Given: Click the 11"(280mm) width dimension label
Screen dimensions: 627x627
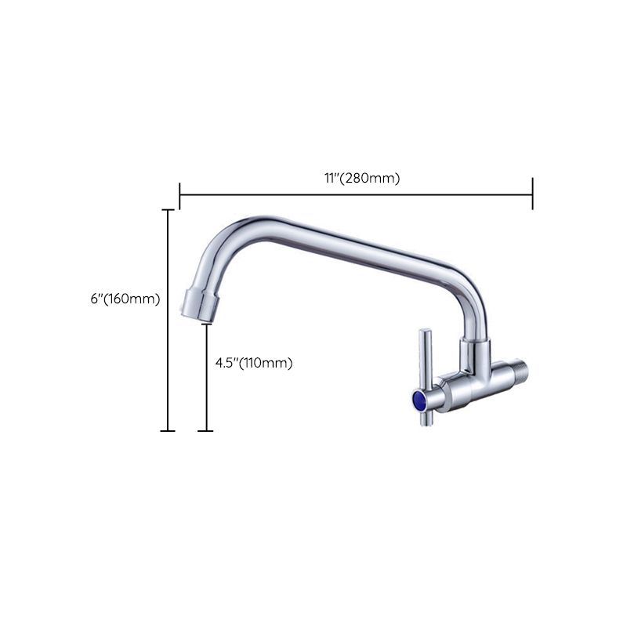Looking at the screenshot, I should pyautogui.click(x=362, y=178).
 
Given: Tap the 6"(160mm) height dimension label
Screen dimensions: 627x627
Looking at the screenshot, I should pyautogui.click(x=125, y=299).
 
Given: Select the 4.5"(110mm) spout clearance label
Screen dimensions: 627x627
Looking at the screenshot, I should pyautogui.click(x=254, y=363).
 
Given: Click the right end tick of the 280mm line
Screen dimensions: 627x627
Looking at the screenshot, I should pyautogui.click(x=533, y=194).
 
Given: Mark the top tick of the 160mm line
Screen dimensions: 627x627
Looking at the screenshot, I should pyautogui.click(x=168, y=210).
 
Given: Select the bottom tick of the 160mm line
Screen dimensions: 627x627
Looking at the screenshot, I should pyautogui.click(x=168, y=430).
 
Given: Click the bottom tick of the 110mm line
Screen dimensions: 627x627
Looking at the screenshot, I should pyautogui.click(x=206, y=430).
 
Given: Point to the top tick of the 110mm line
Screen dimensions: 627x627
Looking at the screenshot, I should pyautogui.click(x=206, y=325).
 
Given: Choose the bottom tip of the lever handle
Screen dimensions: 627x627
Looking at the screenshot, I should pyautogui.click(x=424, y=422).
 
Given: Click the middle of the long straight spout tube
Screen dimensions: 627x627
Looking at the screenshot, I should pyautogui.click(x=361, y=251).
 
